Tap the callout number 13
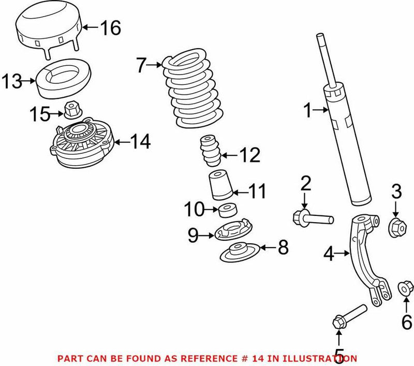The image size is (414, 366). tap(12, 82)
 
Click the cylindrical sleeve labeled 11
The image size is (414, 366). tap(220, 186)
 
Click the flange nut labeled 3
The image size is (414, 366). tap(396, 226)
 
